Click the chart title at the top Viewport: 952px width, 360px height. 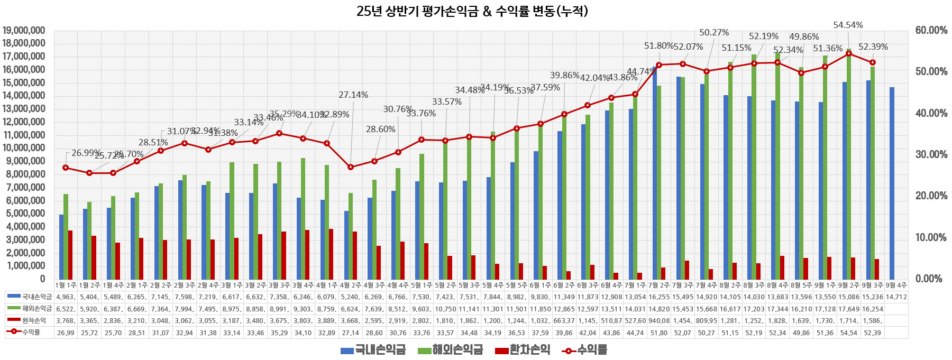coord(472,11)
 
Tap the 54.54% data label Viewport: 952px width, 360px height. coord(848,25)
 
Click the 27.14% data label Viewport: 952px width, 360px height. coord(353,95)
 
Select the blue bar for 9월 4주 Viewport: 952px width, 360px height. coord(892,183)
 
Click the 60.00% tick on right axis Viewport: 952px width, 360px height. coord(931,30)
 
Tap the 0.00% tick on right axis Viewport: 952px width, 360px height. coord(931,279)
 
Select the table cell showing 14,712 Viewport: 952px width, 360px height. coord(896,297)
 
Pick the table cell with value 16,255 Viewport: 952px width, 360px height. coord(659,297)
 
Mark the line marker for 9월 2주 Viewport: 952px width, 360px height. coord(849,53)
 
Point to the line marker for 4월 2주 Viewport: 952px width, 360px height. coord(351,167)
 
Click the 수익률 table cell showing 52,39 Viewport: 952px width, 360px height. coord(872,333)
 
